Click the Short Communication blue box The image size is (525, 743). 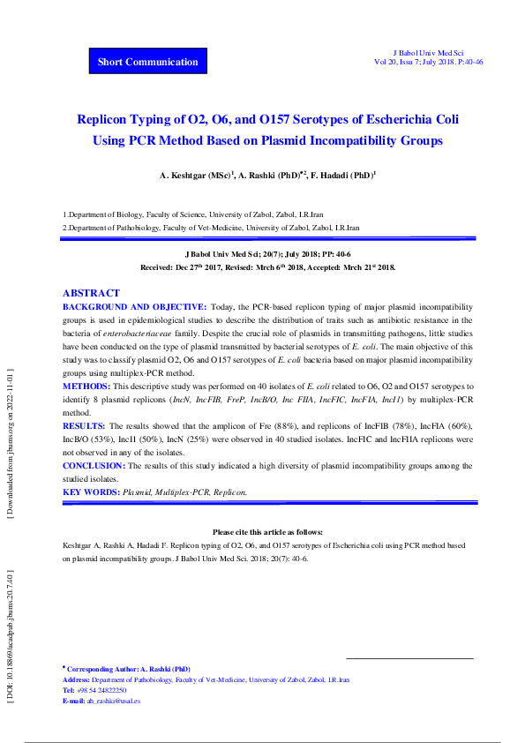coord(148,62)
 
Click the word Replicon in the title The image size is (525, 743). coord(107,119)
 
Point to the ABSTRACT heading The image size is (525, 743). coord(91,293)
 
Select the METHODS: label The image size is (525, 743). coord(86,387)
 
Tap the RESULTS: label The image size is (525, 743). coord(85,425)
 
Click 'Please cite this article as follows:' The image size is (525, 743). coord(268,532)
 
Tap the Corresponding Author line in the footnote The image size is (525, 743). coord(128,669)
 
